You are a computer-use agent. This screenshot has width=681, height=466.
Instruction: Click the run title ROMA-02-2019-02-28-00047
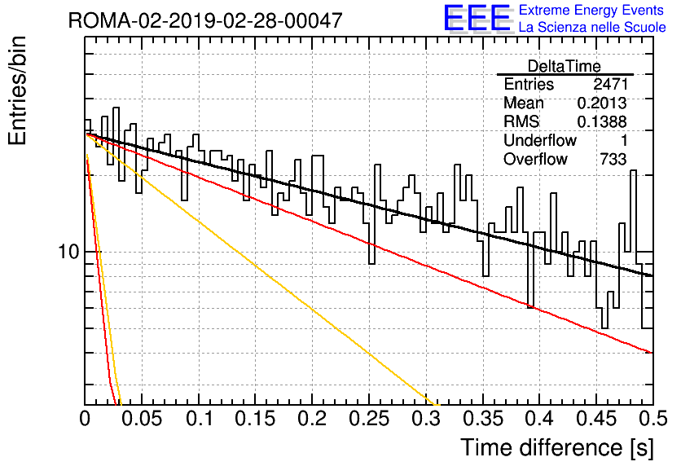click(205, 20)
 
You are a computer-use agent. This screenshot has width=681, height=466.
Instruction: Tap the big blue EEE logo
click(477, 18)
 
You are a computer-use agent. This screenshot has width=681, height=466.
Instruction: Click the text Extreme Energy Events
click(591, 10)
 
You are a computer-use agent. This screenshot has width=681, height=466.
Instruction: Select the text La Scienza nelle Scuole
click(592, 27)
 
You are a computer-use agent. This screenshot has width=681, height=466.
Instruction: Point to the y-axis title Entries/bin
click(17, 90)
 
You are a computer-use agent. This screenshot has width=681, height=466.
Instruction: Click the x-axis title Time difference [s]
click(557, 447)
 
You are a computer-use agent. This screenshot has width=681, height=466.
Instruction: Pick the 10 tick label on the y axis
click(68, 252)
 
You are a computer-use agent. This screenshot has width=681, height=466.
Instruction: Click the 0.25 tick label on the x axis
click(369, 419)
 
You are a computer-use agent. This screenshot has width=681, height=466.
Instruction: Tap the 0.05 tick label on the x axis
click(142, 419)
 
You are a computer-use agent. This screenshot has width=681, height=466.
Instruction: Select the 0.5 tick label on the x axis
click(652, 419)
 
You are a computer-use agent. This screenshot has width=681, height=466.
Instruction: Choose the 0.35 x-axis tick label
click(482, 419)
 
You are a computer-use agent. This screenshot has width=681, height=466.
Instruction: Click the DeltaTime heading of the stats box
click(565, 66)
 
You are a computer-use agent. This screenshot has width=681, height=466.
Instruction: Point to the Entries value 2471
click(610, 84)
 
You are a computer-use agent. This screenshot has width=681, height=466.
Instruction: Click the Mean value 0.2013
click(602, 103)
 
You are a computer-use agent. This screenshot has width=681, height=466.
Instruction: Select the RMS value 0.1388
click(602, 122)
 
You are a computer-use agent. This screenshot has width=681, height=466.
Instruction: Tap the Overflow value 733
click(613, 160)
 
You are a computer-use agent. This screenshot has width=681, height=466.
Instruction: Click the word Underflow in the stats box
click(540, 140)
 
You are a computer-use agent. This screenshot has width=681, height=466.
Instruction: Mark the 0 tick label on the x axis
click(85, 419)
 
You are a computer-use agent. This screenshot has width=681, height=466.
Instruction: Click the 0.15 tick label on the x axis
click(256, 419)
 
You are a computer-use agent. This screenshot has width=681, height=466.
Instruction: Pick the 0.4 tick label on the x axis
click(539, 419)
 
